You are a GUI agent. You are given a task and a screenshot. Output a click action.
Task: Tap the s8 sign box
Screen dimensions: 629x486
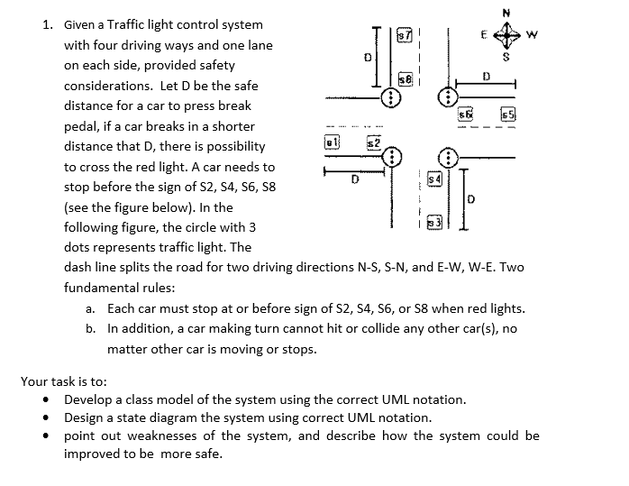(x=405, y=80)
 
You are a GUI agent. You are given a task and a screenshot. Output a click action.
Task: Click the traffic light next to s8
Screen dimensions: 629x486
(x=390, y=97)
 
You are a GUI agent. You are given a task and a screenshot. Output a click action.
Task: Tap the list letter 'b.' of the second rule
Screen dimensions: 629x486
(x=92, y=328)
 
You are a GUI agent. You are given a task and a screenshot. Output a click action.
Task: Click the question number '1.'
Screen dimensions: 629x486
(x=50, y=25)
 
